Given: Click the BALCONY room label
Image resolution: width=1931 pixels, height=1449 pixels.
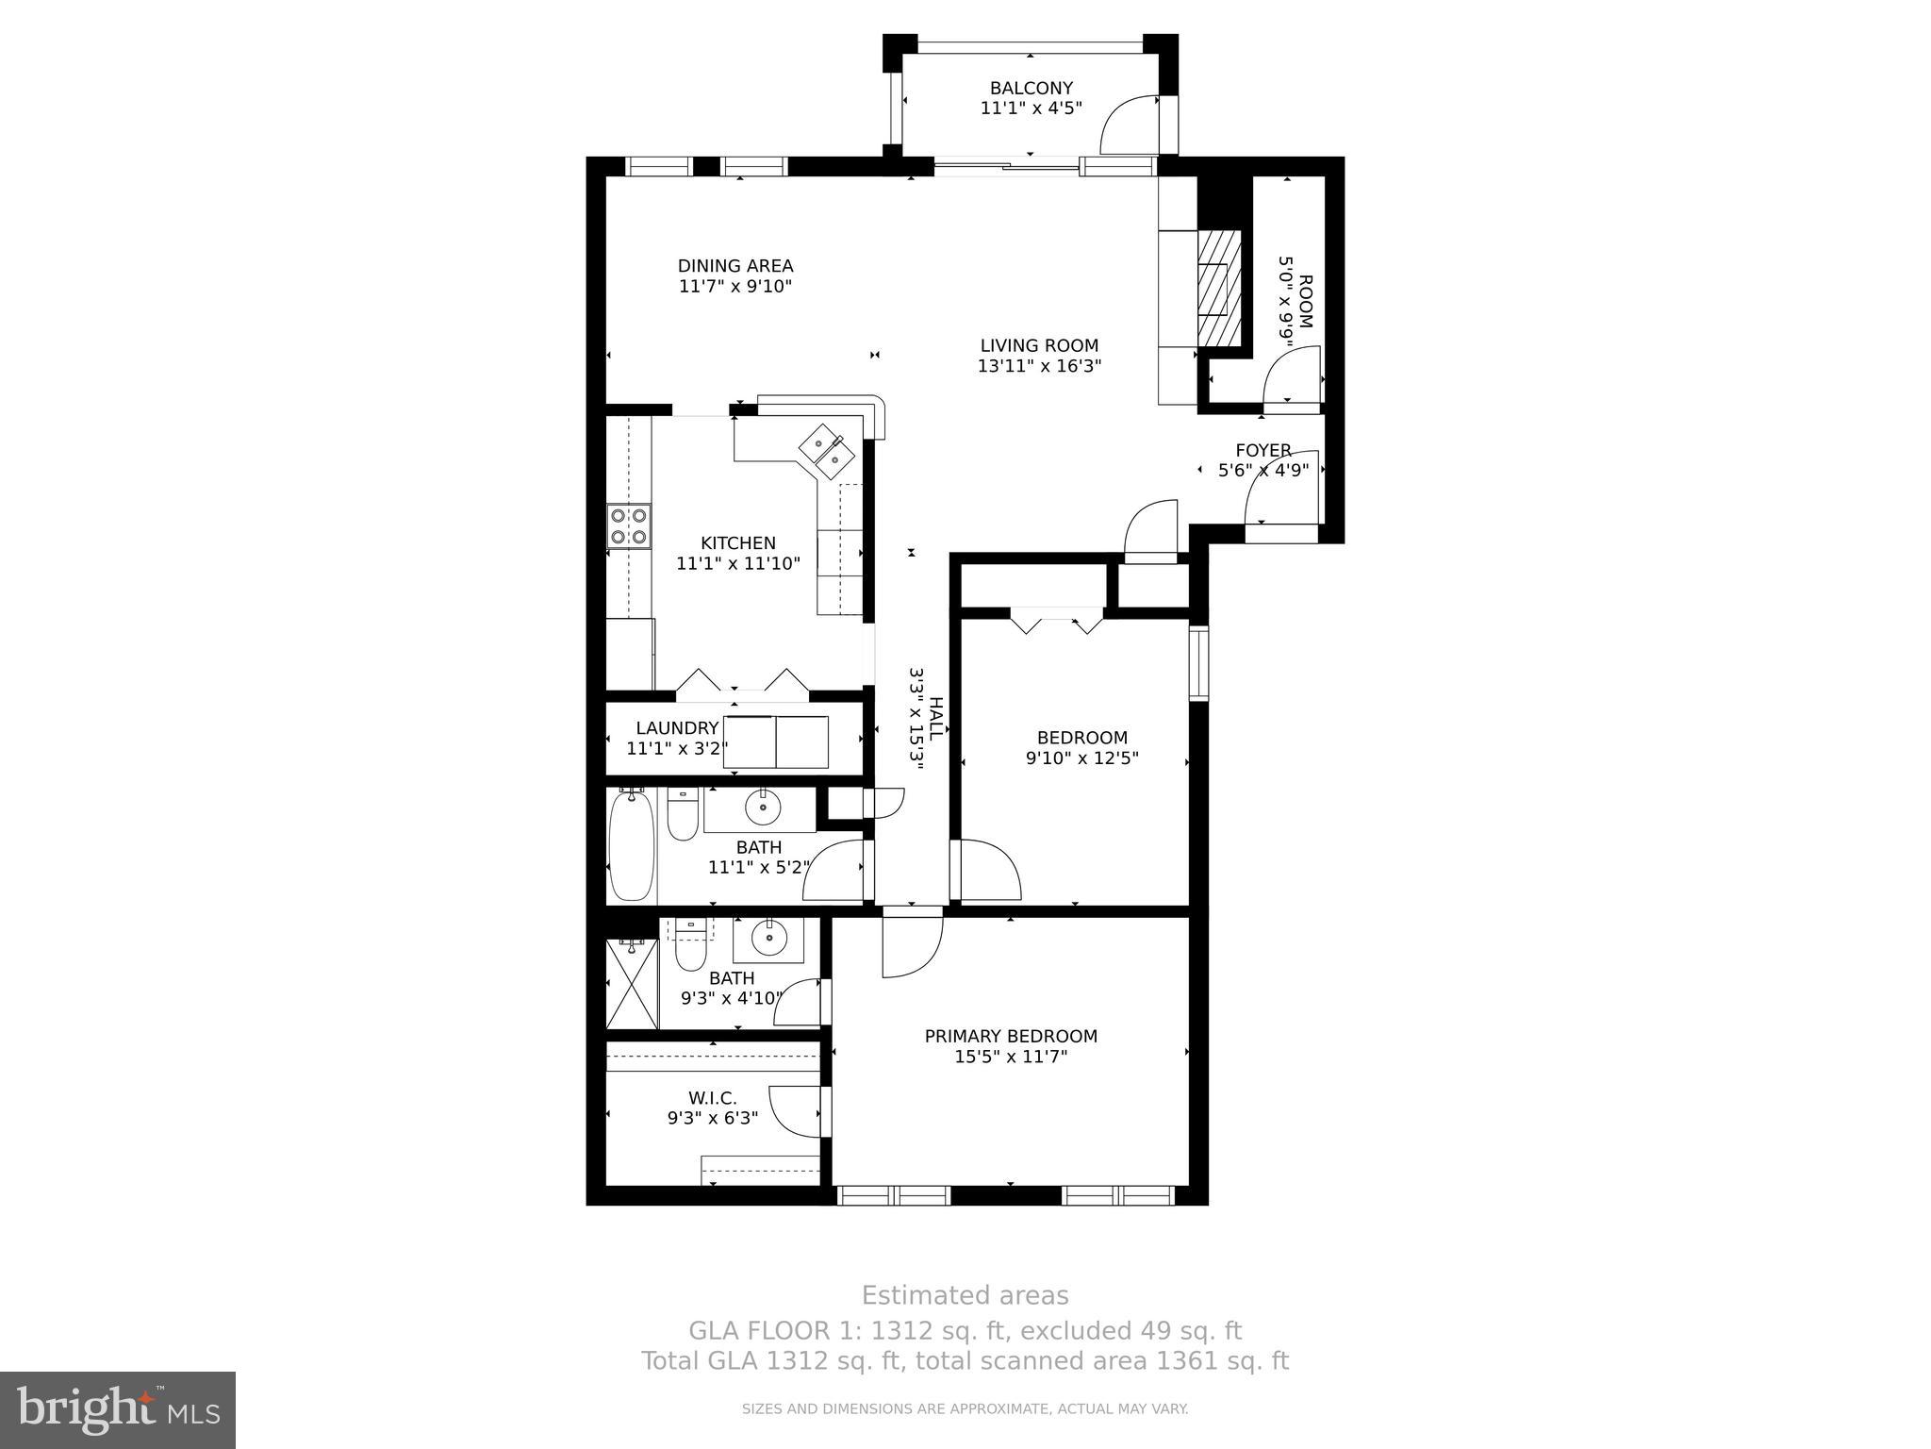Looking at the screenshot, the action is pos(1031,89).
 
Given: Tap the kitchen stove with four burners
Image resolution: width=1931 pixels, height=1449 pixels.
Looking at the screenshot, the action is pos(629,526).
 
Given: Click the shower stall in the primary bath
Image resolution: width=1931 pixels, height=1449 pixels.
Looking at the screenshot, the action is pos(632,984).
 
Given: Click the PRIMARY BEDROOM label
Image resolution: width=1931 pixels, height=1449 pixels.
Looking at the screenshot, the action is pos(1011,1036).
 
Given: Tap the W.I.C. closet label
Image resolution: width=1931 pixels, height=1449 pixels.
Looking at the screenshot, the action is pos(713,1098).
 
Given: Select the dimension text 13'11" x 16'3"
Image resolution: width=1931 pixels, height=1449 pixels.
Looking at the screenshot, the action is pos(1039,366).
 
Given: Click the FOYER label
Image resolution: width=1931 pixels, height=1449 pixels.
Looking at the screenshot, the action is pos(1263,450).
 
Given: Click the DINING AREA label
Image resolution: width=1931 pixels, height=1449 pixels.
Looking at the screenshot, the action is pos(735,266).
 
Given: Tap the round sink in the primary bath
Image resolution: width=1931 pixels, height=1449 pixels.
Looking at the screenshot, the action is pos(768,939).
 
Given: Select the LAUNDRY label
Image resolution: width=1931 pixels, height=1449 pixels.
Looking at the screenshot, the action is pos(677,728).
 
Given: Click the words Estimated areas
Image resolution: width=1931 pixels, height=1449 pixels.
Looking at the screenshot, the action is pos(965,1295).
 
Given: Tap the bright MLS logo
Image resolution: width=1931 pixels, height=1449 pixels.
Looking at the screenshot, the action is pos(118,1409).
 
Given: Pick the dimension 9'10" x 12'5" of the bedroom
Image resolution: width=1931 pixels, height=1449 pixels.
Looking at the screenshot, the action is pos(1082,758).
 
